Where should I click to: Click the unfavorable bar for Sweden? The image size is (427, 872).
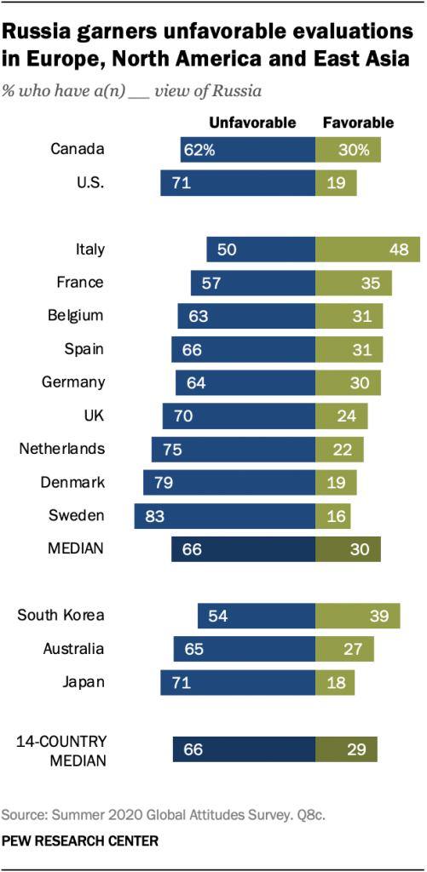coord(225,516)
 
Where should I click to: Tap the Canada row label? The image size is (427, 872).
coord(78,150)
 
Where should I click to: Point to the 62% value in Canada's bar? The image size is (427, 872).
coord(198,150)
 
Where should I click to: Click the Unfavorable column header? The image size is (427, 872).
coord(253,123)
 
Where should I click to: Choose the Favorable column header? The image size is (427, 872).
coord(358,123)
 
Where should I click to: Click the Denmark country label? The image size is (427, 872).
coord(72,483)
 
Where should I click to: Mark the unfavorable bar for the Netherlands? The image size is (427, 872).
coord(234,450)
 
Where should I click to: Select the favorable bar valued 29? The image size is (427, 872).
coord(346,749)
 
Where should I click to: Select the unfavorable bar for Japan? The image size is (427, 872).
coord(238,682)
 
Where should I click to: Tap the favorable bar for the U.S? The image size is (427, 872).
coord(336,183)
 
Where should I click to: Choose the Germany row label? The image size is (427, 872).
coord(73,382)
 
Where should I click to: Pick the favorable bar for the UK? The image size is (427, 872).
coord(342,416)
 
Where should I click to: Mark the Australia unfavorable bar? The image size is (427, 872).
coord(245,649)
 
